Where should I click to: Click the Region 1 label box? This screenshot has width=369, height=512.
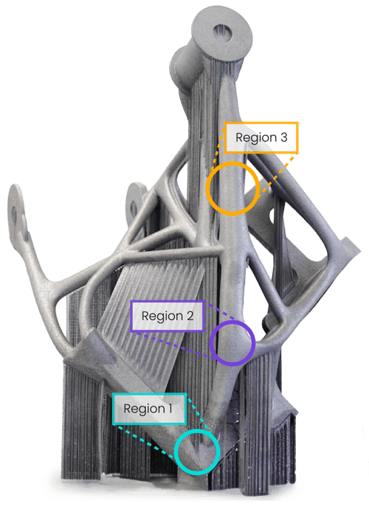click(149, 409)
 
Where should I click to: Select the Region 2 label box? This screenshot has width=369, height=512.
click(168, 316)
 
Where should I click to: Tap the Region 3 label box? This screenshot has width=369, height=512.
click(261, 137)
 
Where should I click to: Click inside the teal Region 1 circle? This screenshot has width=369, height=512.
click(197, 452)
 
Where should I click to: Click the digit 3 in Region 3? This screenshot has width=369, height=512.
click(284, 137)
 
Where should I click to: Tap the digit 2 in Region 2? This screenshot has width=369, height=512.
click(190, 316)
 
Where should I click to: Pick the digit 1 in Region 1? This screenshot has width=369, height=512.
click(170, 409)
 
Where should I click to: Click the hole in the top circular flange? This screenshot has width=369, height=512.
click(224, 33)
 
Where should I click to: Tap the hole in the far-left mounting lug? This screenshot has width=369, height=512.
click(14, 215)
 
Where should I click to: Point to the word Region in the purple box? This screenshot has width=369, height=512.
click(162, 316)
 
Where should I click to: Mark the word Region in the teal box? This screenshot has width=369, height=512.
click(145, 409)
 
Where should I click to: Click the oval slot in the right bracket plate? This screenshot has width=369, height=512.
click(271, 217)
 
